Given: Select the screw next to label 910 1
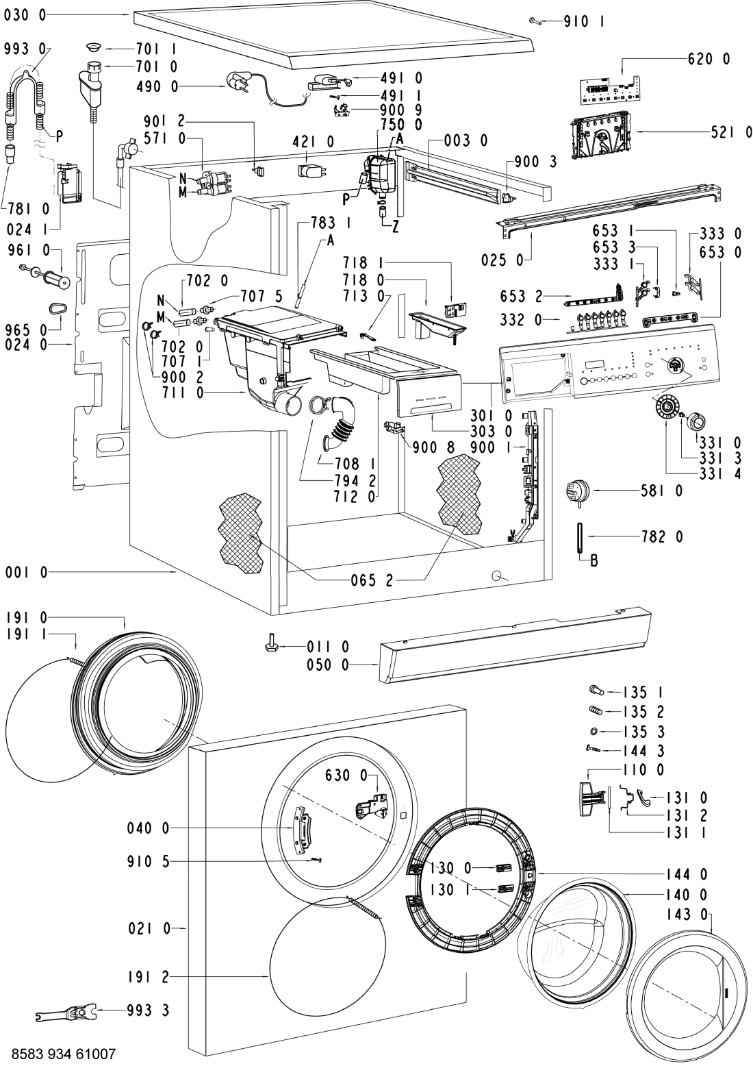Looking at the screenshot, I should (535, 22).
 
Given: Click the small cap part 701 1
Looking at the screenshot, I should (94, 47).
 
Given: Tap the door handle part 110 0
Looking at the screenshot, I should (591, 798).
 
